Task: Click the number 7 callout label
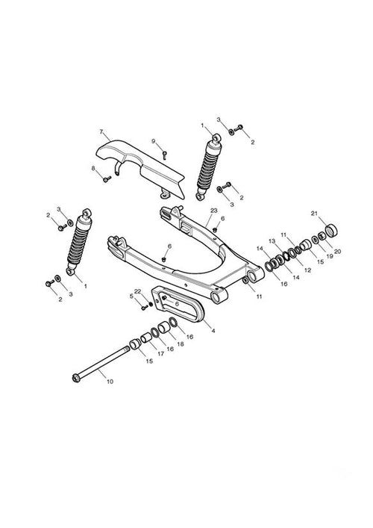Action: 101,131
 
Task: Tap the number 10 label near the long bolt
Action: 110,382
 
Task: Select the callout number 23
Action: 214,211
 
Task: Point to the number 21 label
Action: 314,213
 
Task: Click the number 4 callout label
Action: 213,331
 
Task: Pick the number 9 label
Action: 154,141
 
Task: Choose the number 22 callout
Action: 137,291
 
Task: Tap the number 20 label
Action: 338,251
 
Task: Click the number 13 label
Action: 272,240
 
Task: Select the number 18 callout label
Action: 181,344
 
